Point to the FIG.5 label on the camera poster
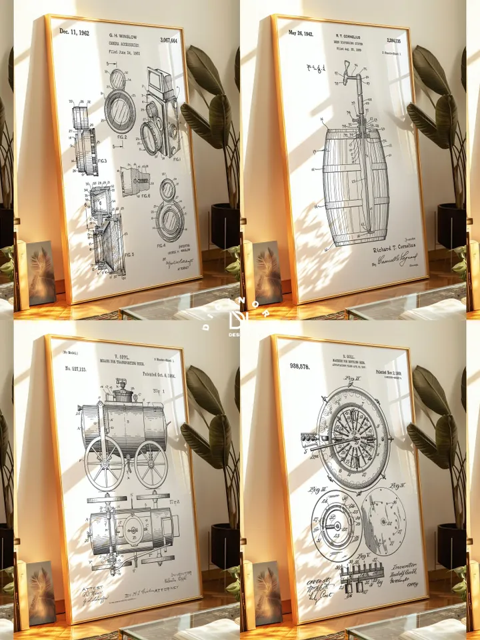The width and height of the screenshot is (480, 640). [x=127, y=255]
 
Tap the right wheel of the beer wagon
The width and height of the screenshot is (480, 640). [x=151, y=464]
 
